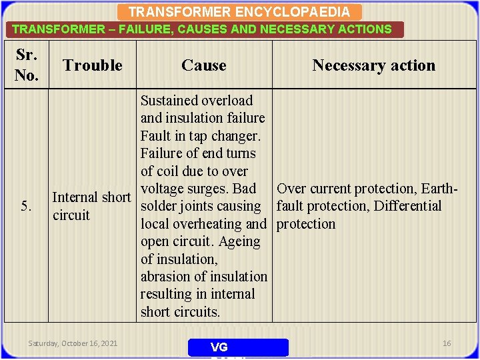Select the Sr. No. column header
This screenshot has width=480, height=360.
pyautogui.click(x=26, y=65)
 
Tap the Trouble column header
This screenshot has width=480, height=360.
pyautogui.click(x=93, y=65)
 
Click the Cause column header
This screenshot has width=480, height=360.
pyautogui.click(x=204, y=65)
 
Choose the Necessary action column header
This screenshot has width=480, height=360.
pyautogui.click(x=373, y=65)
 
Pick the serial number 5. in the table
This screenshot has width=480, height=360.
pyautogui.click(x=27, y=206)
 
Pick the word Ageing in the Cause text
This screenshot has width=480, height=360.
pyautogui.click(x=239, y=241)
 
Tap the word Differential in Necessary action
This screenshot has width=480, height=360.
pyautogui.click(x=407, y=206)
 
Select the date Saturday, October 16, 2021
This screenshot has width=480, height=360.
pyautogui.click(x=73, y=343)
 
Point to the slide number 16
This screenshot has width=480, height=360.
pyautogui.click(x=447, y=343)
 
